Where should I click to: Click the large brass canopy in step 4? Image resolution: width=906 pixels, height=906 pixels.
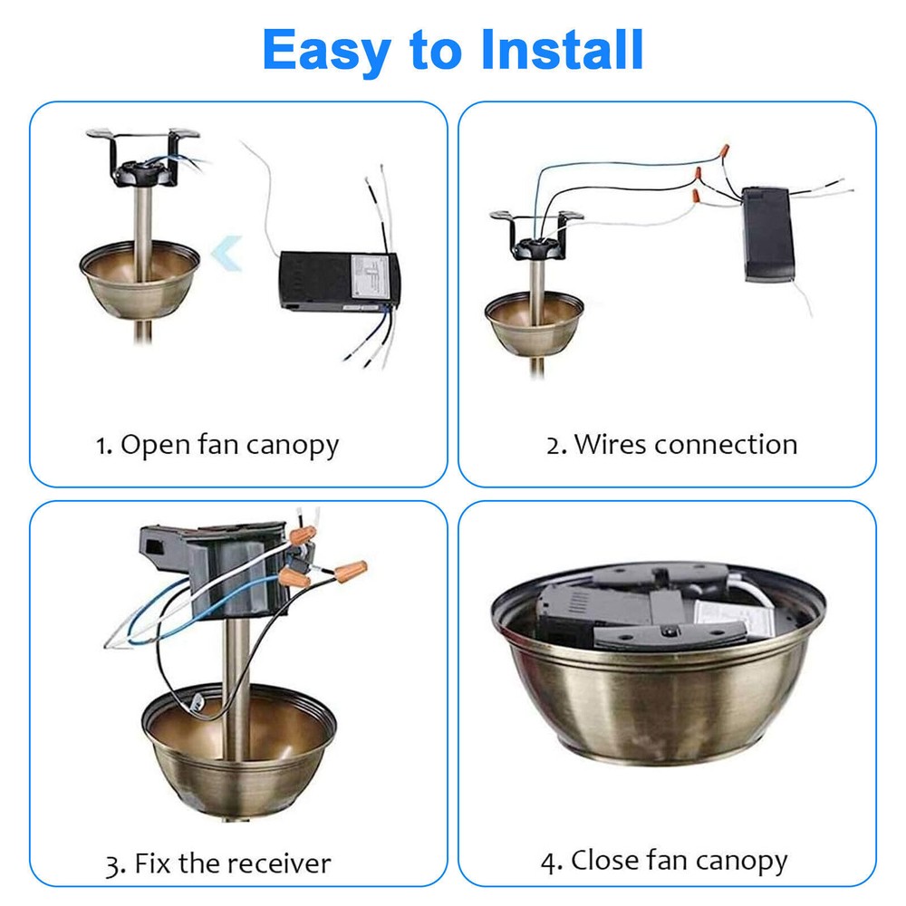657,689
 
